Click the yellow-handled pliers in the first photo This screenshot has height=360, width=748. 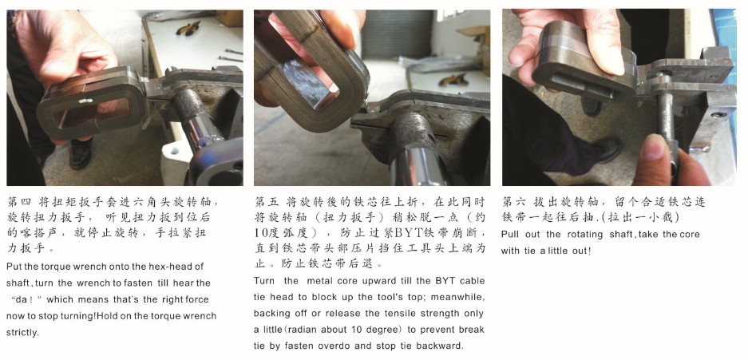[188, 28]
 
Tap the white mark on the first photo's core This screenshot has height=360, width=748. [86, 101]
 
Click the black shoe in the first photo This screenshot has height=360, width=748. [81, 153]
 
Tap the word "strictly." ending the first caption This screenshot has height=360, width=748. [22, 332]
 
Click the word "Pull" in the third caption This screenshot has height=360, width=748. [509, 234]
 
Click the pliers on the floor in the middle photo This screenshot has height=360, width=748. [453, 79]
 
